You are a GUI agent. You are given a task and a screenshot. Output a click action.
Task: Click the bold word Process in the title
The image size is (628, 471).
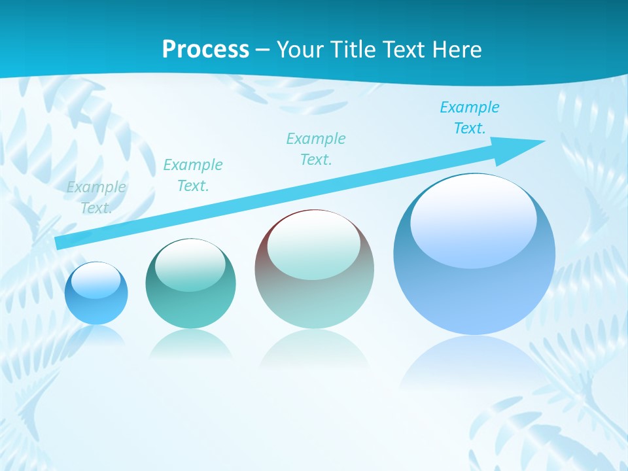pyautogui.click(x=205, y=50)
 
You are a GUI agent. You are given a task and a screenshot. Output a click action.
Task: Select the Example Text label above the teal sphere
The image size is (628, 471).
pyautogui.click(x=193, y=175)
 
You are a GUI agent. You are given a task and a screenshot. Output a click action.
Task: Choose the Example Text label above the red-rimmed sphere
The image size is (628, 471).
pyautogui.click(x=316, y=149)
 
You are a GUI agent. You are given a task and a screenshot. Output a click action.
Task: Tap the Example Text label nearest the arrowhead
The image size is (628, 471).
pyautogui.click(x=470, y=118)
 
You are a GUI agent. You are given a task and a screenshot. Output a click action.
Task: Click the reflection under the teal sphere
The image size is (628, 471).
pyautogui.click(x=190, y=344)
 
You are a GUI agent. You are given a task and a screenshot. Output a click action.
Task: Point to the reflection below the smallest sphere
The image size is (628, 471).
pyautogui.click(x=96, y=335)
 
